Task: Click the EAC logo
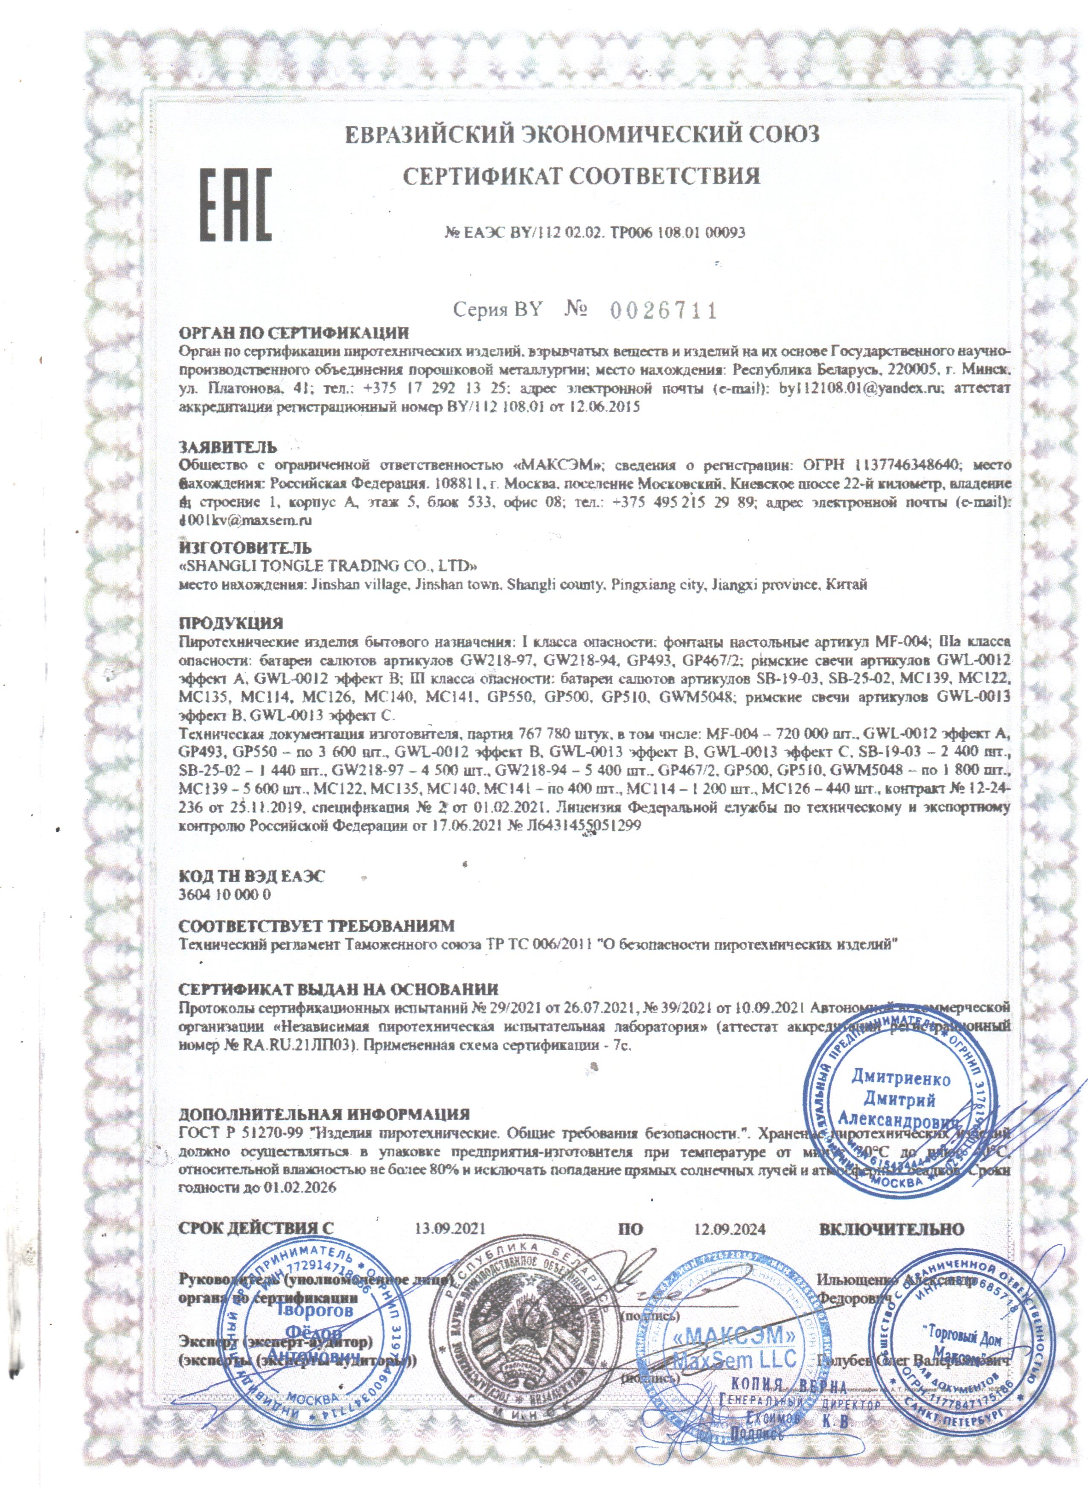pyautogui.click(x=236, y=204)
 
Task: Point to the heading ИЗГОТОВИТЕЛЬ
pyautogui.click(x=245, y=547)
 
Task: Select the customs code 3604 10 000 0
pyautogui.click(x=225, y=895)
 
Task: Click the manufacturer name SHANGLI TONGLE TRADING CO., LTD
pyautogui.click(x=329, y=566)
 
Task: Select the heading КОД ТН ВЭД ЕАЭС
pyautogui.click(x=252, y=877)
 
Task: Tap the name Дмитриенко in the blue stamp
pyautogui.click(x=901, y=1079)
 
